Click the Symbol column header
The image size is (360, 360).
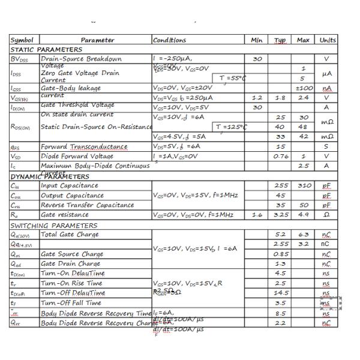coord(22,40)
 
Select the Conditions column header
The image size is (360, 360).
coord(170,40)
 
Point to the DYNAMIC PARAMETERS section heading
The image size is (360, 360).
coord(50,176)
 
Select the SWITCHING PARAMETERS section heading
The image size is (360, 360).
coord(53,226)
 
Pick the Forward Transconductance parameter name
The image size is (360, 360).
coord(84,146)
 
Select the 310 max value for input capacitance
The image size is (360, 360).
coord(304,185)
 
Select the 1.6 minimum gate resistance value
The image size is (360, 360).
coord(257,215)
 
